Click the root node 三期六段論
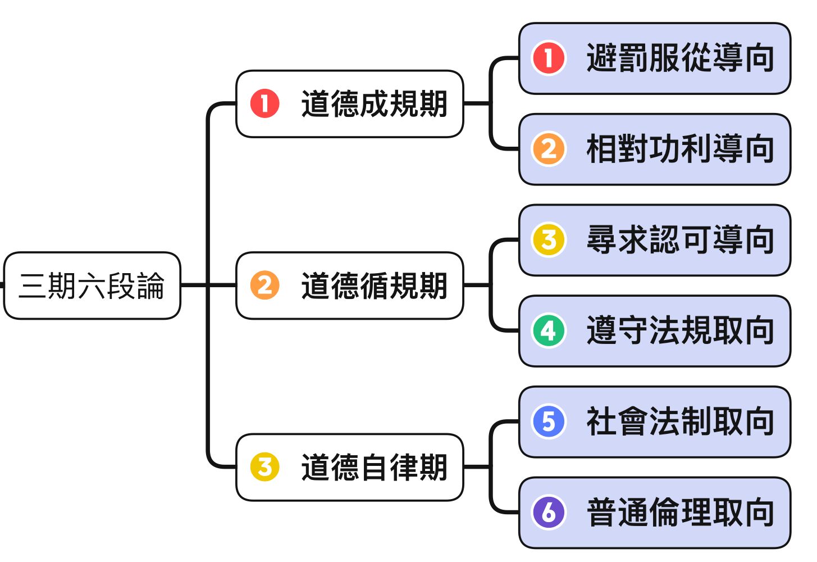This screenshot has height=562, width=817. tap(92, 285)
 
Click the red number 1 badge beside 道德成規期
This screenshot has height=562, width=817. tap(265, 104)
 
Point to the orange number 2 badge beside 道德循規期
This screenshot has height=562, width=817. tap(265, 285)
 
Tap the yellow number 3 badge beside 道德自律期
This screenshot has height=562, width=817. tap(265, 467)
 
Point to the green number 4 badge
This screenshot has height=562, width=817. tap(549, 331)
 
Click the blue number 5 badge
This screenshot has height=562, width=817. tap(549, 422)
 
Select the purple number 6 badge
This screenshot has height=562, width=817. tap(549, 513)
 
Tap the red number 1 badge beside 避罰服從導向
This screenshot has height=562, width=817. tap(549, 58)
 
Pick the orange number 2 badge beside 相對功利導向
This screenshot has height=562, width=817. tap(549, 149)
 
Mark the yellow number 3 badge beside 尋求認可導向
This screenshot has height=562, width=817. tap(549, 240)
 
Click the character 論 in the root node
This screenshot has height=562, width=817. tap(150, 285)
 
